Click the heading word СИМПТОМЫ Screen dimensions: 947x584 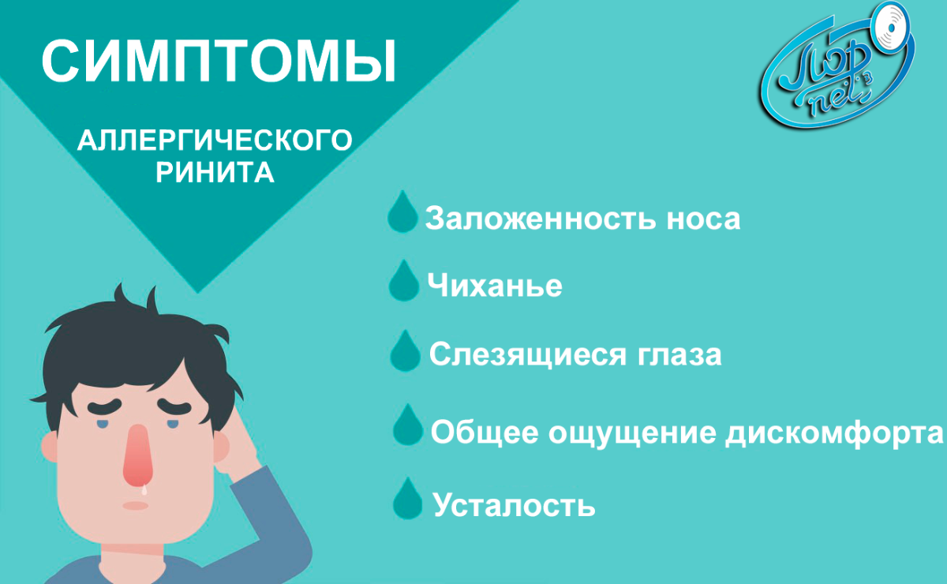(x=219, y=62)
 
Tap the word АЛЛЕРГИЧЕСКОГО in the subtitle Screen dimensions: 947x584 (x=215, y=140)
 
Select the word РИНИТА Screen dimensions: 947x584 (x=215, y=172)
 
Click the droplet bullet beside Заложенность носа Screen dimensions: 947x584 (x=402, y=212)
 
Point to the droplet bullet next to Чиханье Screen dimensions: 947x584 (x=404, y=280)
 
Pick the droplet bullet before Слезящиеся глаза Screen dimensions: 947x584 (x=405, y=351)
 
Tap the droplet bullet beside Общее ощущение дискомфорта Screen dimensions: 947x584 (x=407, y=425)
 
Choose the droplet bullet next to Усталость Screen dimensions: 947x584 (x=407, y=498)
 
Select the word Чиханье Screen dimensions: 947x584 (x=495, y=285)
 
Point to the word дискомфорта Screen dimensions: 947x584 (x=834, y=433)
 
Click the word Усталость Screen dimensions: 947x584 (x=514, y=504)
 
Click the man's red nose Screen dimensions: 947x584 (x=137, y=456)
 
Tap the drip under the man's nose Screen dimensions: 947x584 (x=144, y=490)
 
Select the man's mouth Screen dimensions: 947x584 (x=135, y=506)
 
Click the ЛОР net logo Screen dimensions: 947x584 (x=838, y=66)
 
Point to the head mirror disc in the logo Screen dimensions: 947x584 (x=892, y=28)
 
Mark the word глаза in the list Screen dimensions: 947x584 (x=679, y=355)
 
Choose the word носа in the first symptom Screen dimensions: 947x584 (x=703, y=220)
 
